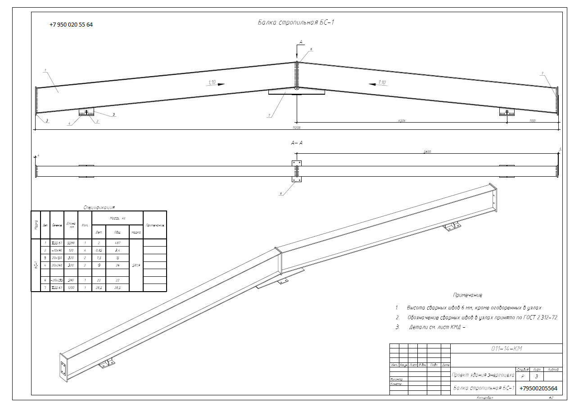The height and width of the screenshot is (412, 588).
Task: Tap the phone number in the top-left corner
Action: pos(71,25)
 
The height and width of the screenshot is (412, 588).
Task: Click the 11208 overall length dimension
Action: pos(296,128)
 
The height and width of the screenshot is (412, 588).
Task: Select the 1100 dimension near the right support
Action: pos(533,120)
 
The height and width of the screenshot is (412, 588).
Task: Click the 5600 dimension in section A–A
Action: pos(427,152)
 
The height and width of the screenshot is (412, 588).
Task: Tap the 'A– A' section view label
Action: pos(297,143)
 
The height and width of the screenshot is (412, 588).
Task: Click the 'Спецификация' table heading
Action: pos(99,207)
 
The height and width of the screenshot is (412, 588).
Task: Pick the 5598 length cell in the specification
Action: pos(71,243)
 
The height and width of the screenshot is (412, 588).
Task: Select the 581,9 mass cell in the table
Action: pos(136,265)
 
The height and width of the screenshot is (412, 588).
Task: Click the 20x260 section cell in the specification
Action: pos(57,265)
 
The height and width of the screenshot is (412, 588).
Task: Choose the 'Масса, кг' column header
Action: pos(117,218)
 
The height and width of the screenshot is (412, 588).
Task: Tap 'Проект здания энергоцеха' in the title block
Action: pos(483,375)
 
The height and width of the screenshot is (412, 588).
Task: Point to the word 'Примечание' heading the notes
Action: pos(467,295)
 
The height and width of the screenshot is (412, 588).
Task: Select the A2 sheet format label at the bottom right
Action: pos(551,398)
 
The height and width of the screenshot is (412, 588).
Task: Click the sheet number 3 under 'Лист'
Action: pos(536,376)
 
